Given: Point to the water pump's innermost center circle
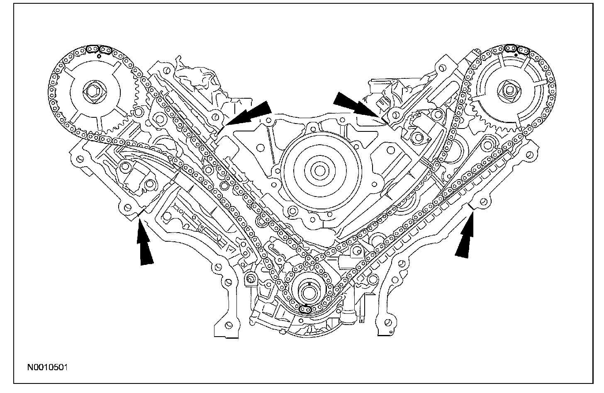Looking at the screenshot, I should [x=318, y=170].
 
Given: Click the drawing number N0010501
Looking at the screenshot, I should [x=48, y=367].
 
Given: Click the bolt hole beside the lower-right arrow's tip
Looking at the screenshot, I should [x=482, y=203].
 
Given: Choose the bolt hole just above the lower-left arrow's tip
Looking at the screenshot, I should [x=128, y=206].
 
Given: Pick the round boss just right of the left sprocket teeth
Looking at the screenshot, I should [x=137, y=113].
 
